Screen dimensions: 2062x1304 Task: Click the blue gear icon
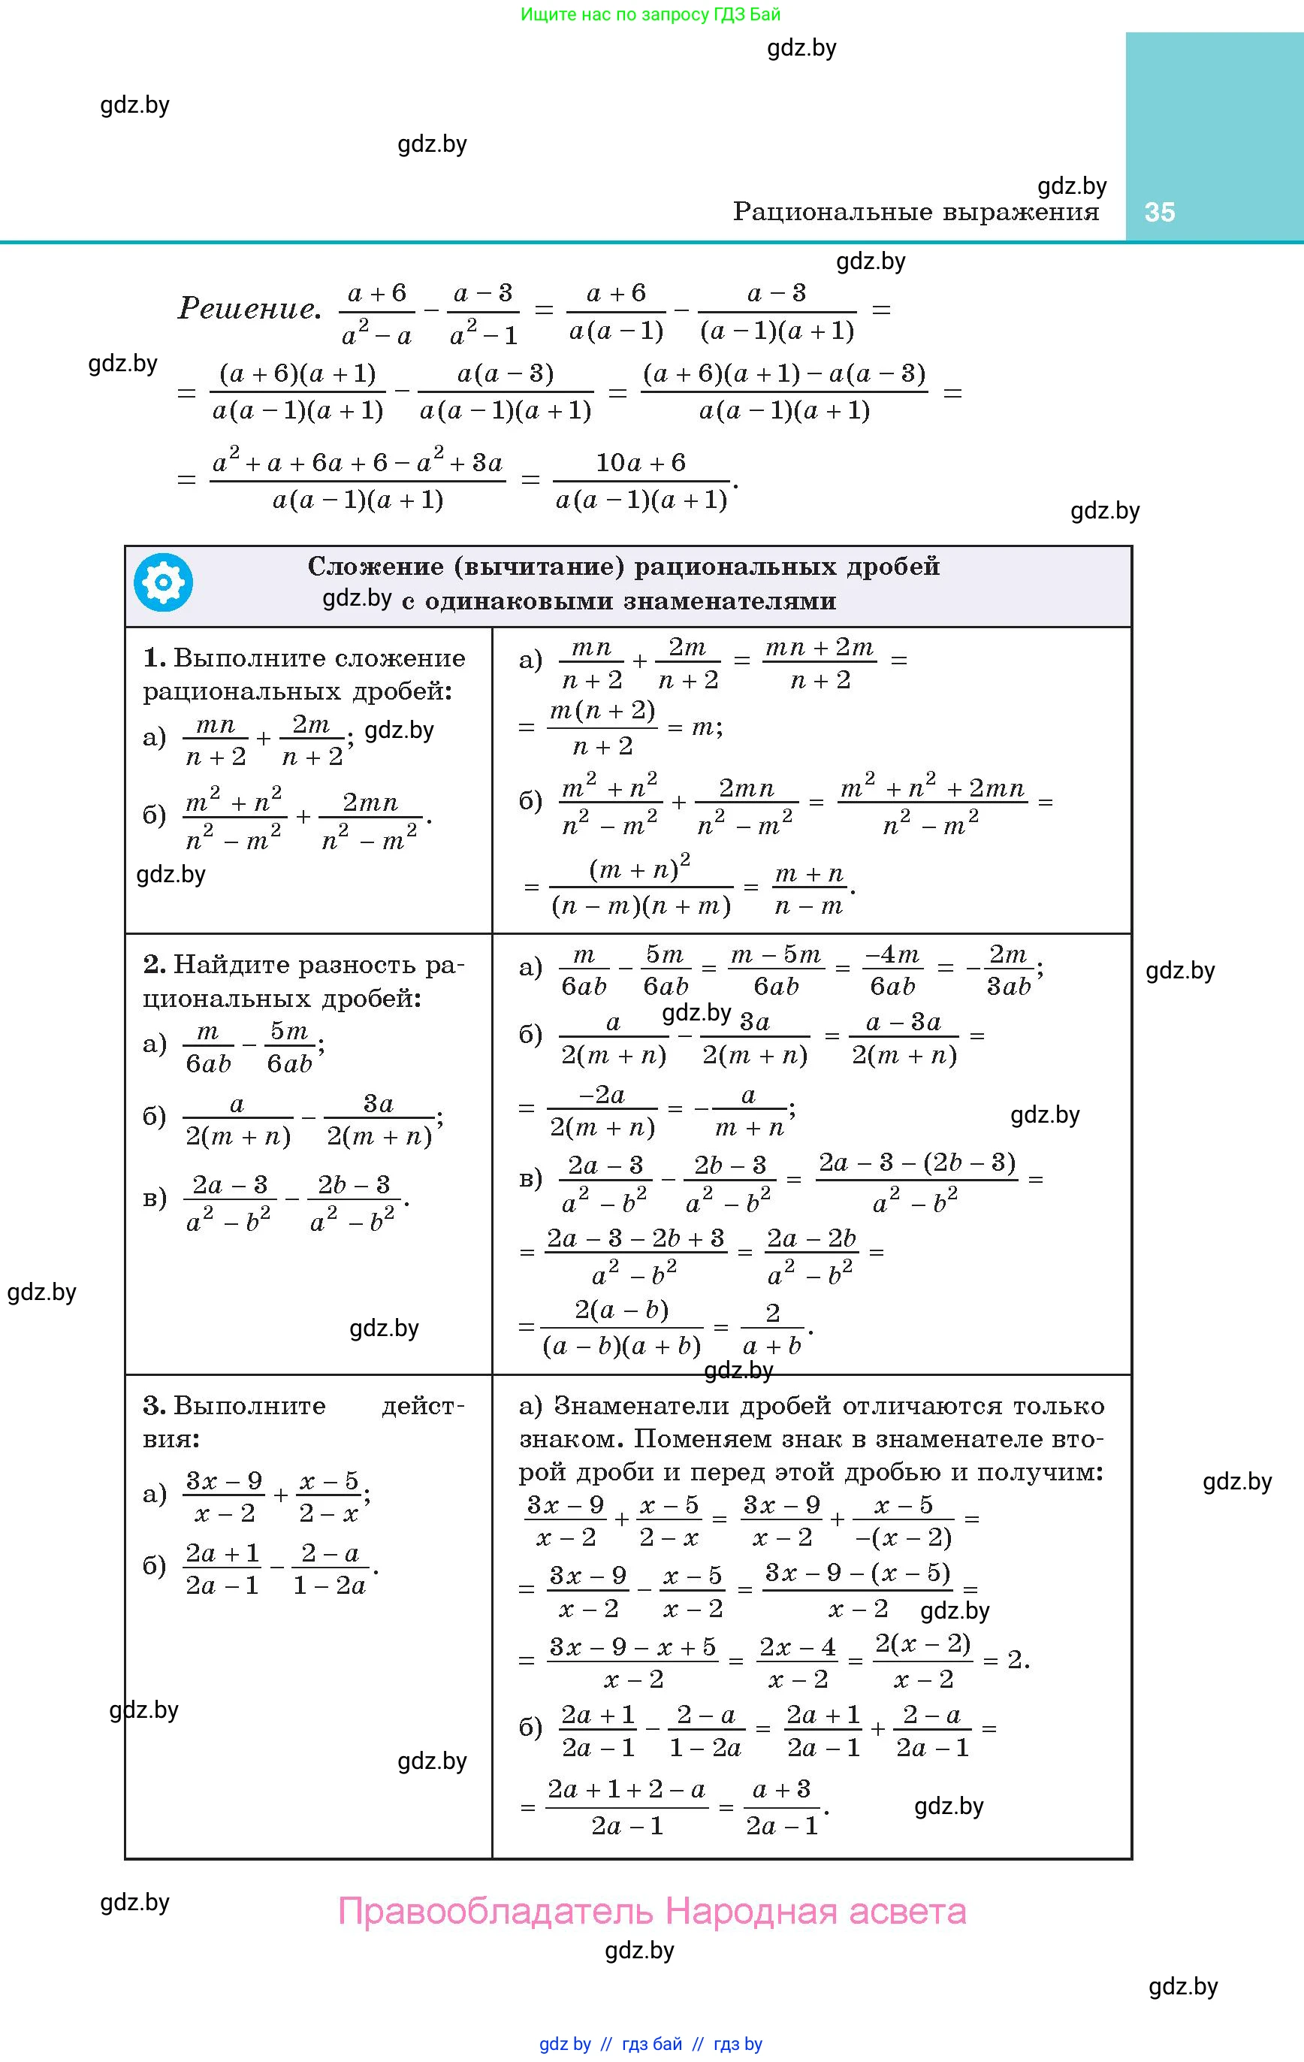(x=163, y=582)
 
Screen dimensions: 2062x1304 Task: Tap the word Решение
(x=249, y=308)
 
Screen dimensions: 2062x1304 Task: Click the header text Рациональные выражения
(x=916, y=211)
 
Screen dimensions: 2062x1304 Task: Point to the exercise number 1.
(x=153, y=658)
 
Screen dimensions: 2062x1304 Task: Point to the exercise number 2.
(x=154, y=964)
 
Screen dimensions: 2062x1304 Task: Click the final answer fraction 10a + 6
(x=641, y=480)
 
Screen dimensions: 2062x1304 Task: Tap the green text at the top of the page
(x=650, y=14)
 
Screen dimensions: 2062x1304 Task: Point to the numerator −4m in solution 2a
(x=892, y=954)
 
